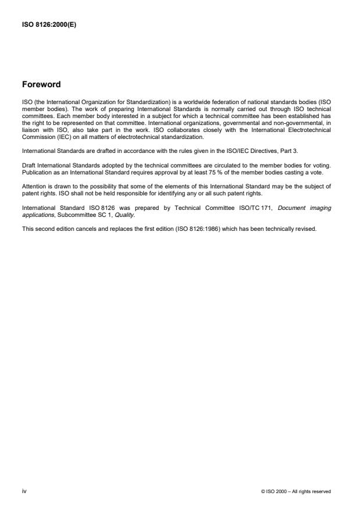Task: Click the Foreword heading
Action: tap(41, 84)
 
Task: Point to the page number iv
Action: tap(24, 491)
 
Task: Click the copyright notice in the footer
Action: tap(296, 491)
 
